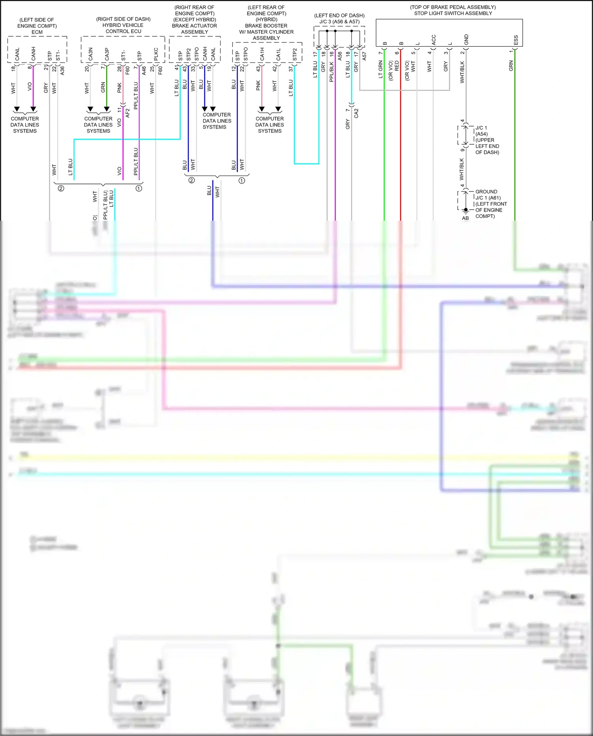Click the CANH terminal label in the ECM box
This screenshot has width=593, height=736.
click(33, 54)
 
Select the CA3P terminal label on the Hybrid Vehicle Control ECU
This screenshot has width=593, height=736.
click(107, 55)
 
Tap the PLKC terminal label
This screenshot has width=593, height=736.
click(156, 55)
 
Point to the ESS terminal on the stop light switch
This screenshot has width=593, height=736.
click(516, 40)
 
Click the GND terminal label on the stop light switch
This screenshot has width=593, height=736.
click(466, 40)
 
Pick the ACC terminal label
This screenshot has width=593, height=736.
click(433, 40)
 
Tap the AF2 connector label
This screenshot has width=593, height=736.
click(127, 113)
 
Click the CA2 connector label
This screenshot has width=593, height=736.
click(356, 114)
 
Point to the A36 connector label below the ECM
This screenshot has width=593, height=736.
click(62, 71)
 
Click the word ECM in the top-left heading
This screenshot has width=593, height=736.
click(37, 32)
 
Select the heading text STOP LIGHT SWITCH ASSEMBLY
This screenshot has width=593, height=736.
click(453, 13)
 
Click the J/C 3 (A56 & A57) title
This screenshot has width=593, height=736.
click(339, 22)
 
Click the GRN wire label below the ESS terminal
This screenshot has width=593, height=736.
click(511, 66)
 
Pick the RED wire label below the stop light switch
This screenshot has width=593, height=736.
click(397, 66)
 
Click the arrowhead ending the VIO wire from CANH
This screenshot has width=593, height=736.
click(33, 109)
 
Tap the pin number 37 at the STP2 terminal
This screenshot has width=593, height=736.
click(291, 69)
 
